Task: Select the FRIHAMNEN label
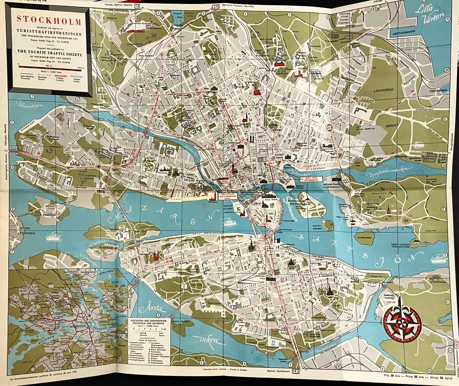[x=438, y=90]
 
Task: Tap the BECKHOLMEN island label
[x=364, y=238]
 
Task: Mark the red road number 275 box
[x=215, y=6]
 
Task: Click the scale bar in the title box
[x=49, y=66]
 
